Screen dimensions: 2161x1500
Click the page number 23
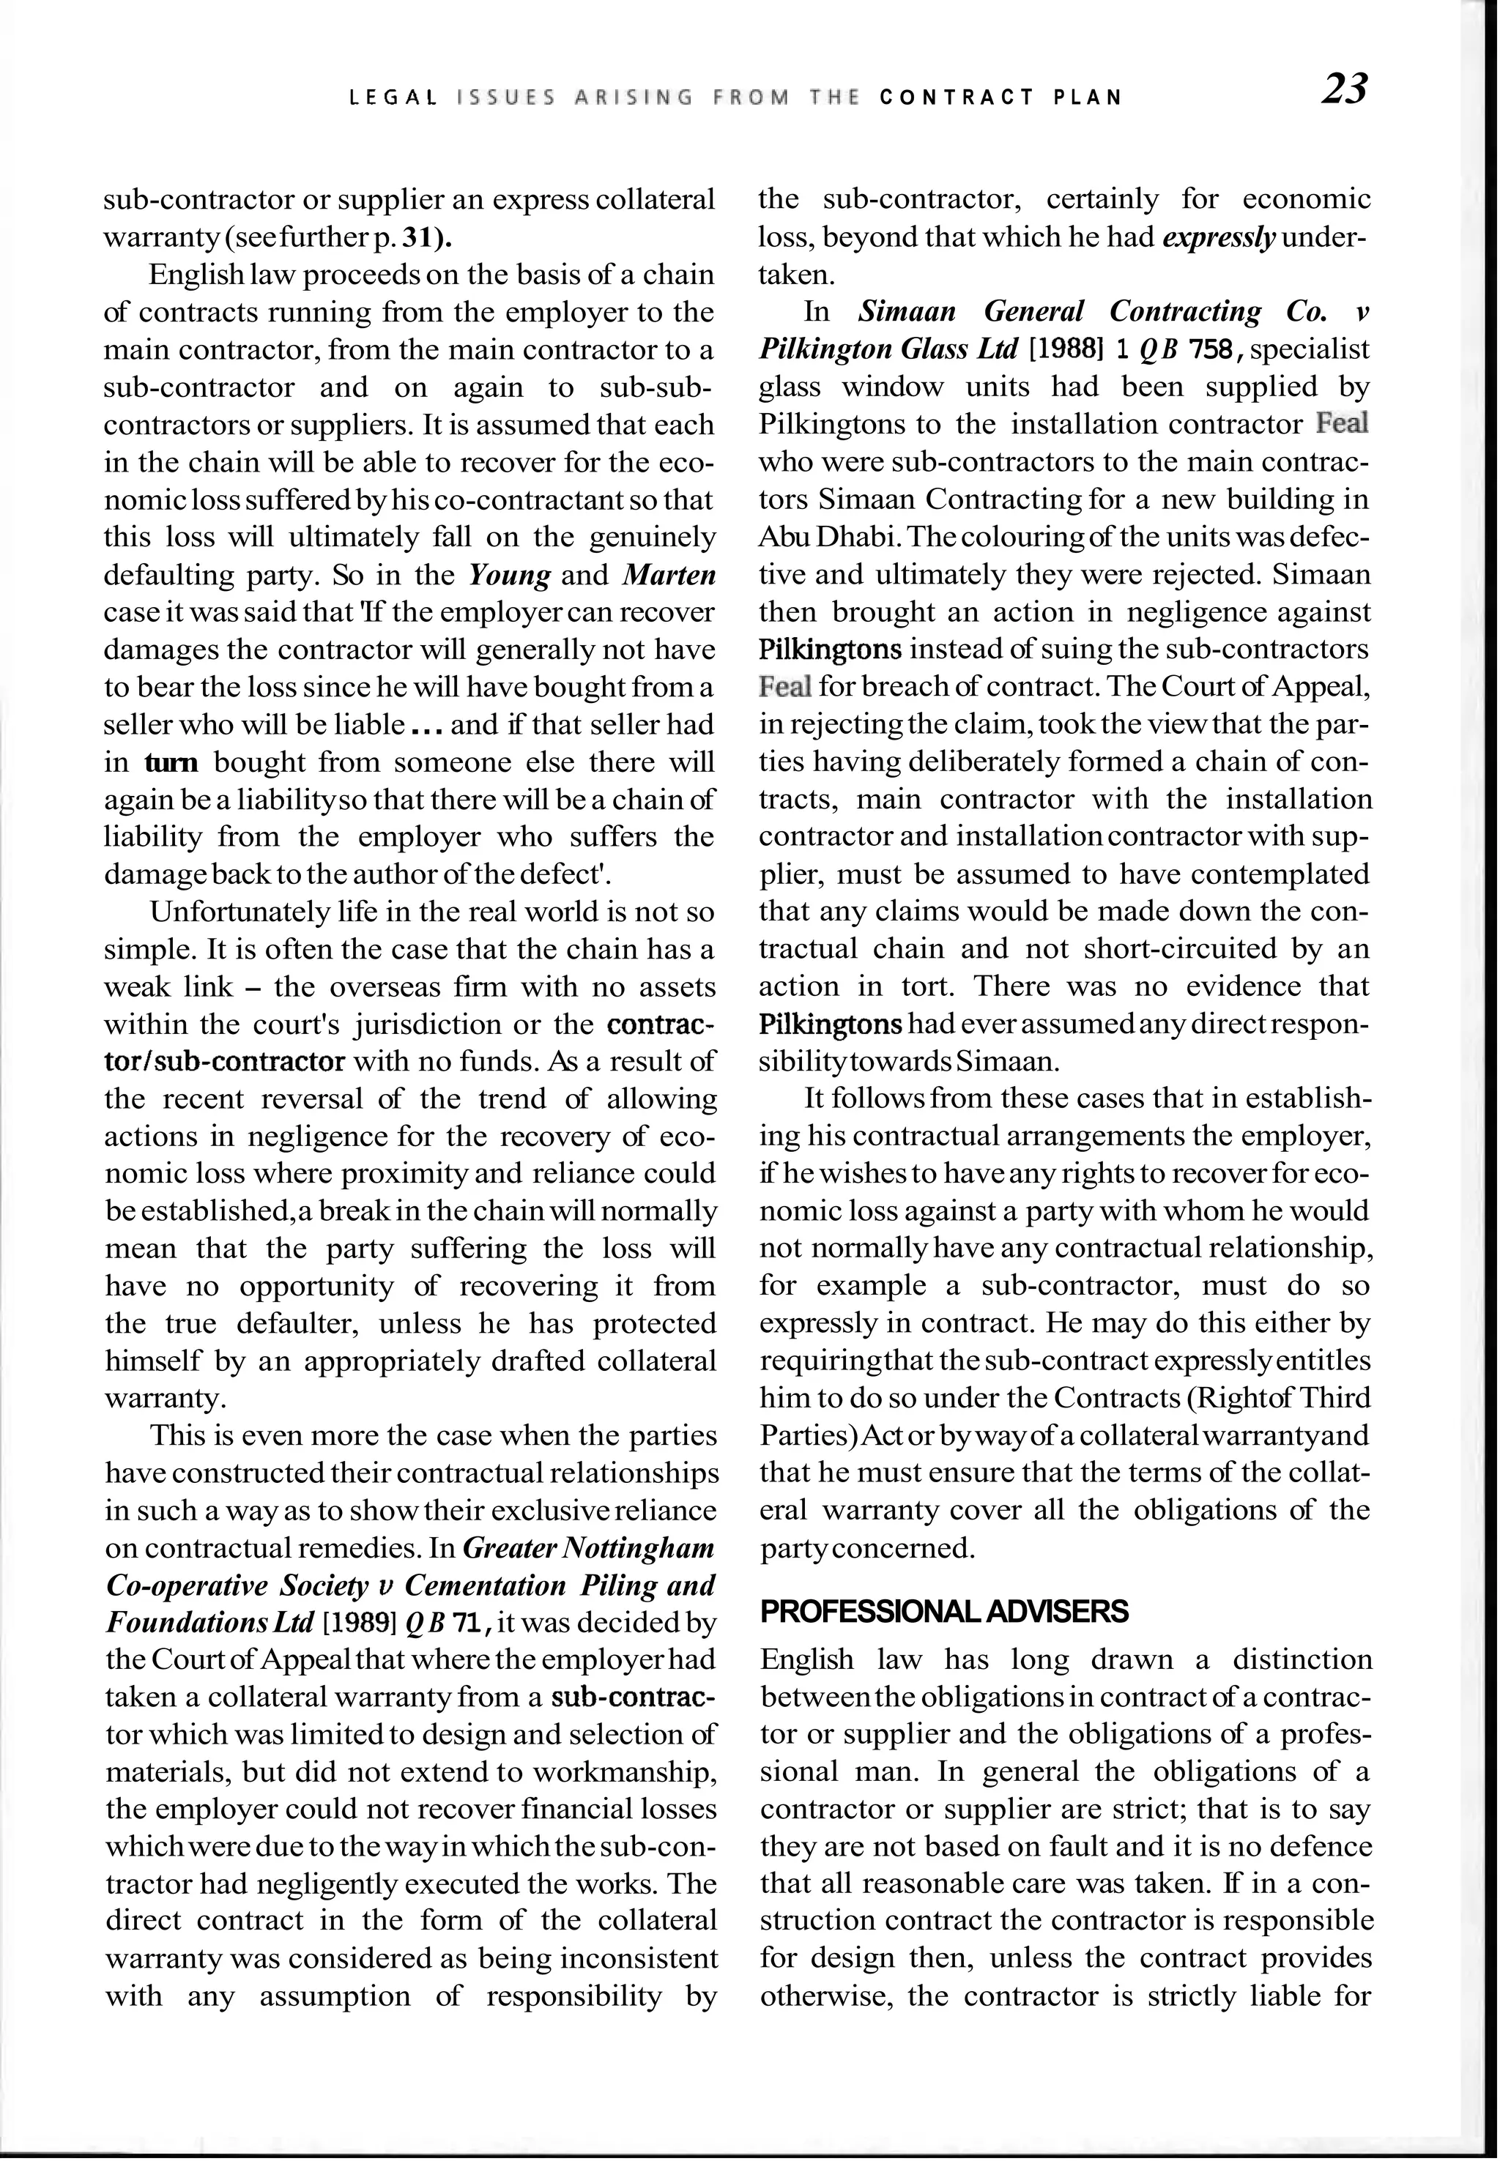pyautogui.click(x=1345, y=89)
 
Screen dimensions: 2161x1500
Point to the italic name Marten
pyautogui.click(x=669, y=575)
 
